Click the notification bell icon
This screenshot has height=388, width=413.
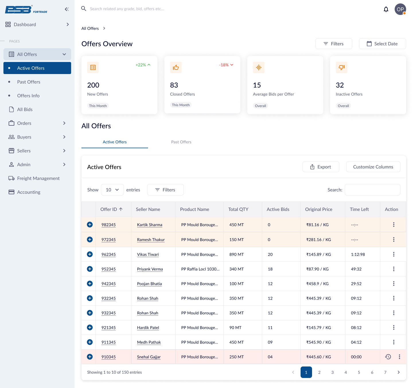point(386,9)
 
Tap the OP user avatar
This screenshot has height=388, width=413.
point(400,9)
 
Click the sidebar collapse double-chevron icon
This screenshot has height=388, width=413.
point(67,9)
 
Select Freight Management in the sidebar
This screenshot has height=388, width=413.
point(38,178)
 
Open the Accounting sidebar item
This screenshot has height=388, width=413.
point(29,192)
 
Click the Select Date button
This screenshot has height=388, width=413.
point(382,44)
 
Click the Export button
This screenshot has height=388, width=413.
point(321,167)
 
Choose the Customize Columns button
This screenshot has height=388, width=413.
point(373,167)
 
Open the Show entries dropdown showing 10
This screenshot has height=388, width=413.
point(112,190)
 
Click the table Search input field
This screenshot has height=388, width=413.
point(372,190)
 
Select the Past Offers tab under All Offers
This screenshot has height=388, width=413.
point(181,142)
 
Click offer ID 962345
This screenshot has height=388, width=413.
point(108,254)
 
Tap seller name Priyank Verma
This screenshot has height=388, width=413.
point(150,269)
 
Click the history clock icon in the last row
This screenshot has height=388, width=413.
point(388,357)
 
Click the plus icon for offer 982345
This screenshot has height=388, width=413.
point(90,224)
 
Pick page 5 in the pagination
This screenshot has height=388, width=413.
point(359,372)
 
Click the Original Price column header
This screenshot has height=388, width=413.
point(319,209)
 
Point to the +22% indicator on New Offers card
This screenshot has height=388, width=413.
point(143,65)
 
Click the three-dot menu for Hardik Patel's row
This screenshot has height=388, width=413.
point(393,327)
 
